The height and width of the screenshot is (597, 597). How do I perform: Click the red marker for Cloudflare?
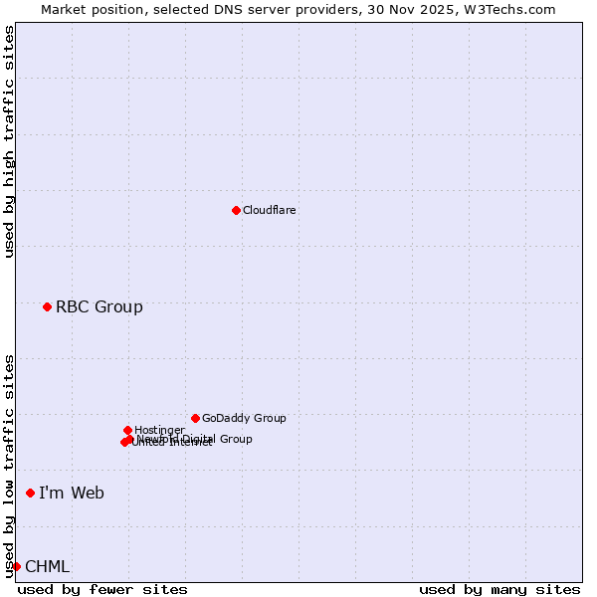[x=236, y=210]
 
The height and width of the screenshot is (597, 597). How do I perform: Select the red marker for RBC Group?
[x=47, y=306]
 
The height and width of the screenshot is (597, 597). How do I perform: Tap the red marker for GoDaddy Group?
[x=195, y=418]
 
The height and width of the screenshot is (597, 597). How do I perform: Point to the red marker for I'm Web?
[x=30, y=493]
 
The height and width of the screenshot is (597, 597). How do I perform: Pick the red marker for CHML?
[x=16, y=566]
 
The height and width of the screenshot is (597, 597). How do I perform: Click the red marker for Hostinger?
[x=127, y=430]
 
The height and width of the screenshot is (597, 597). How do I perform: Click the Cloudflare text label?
[x=270, y=210]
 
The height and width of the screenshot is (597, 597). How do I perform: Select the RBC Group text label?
[x=99, y=306]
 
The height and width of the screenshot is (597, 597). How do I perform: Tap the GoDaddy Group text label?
[x=244, y=418]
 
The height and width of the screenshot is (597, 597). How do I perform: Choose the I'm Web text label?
[x=72, y=493]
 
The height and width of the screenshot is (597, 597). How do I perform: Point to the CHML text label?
[x=48, y=566]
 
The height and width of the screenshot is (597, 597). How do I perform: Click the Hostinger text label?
[x=160, y=430]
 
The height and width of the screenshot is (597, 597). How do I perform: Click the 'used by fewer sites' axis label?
[x=102, y=589]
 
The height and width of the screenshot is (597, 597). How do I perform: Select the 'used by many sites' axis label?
[x=499, y=589]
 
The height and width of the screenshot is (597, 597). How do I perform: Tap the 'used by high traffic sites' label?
[x=9, y=142]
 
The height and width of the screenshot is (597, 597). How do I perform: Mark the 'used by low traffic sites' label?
[x=9, y=465]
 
